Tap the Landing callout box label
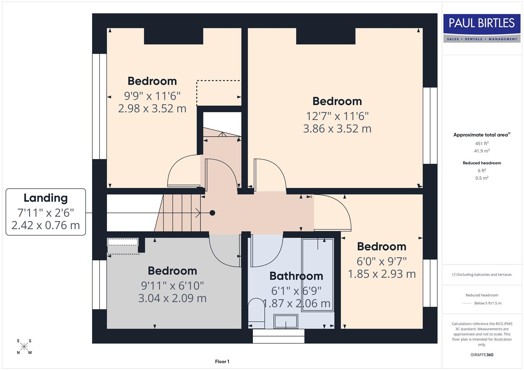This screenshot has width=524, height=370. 46,212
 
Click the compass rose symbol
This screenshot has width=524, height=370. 24,347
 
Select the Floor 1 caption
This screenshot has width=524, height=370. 222,361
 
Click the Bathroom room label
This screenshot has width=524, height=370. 296,276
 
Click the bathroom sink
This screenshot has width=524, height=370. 286,321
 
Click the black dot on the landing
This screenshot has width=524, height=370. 212,213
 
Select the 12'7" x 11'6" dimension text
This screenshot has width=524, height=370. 337,116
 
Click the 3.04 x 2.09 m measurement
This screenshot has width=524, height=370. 172,298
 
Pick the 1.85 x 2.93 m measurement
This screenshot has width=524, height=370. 382,274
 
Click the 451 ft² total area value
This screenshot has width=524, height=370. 482,144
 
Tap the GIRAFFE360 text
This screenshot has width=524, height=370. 482,355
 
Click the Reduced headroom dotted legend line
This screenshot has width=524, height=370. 467,303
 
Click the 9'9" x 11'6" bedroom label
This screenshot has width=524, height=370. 152,96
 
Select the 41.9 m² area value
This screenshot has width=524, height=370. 482,151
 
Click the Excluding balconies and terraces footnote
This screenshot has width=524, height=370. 482,274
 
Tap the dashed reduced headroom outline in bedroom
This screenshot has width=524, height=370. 218,81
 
